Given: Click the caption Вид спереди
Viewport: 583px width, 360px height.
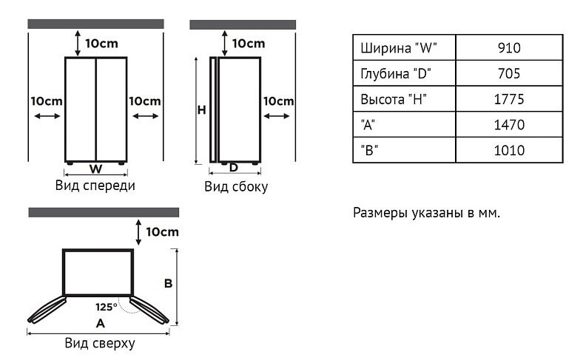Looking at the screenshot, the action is (x=95, y=185).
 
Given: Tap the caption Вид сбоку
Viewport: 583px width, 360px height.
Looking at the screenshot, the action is (x=236, y=186).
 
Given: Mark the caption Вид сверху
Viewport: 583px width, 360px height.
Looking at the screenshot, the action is (x=100, y=344).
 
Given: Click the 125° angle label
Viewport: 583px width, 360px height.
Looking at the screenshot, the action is (x=105, y=306).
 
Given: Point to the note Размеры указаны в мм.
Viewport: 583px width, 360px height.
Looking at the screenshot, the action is (x=427, y=213).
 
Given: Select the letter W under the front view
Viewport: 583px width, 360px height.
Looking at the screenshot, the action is (x=95, y=167).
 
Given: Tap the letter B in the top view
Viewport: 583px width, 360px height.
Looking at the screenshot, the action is (x=168, y=283).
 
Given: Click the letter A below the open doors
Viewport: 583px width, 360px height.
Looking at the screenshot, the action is (x=100, y=323).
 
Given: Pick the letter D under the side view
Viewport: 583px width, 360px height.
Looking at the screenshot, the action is (x=234, y=167).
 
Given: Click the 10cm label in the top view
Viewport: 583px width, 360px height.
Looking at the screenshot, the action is (x=162, y=231).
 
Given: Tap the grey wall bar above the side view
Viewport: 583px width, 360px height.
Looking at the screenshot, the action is (x=243, y=24).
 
